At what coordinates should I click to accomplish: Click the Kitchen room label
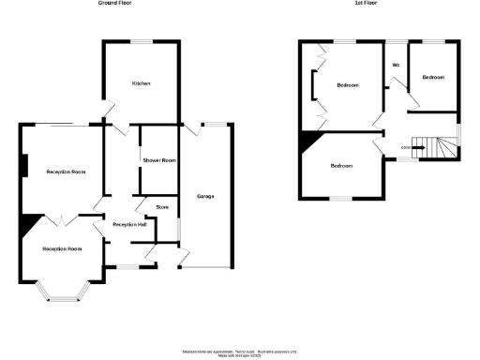pyautogui.click(x=142, y=84)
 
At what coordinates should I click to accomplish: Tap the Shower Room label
pyautogui.click(x=158, y=161)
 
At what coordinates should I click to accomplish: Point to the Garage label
pyautogui.click(x=205, y=196)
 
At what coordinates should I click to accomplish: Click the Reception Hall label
pyautogui.click(x=128, y=225)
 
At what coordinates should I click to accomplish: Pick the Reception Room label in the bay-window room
pyautogui.click(x=62, y=249)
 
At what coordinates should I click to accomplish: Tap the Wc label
pyautogui.click(x=396, y=65)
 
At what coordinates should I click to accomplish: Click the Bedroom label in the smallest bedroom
pyautogui.click(x=433, y=77)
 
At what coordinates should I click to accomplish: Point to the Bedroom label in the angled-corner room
pyautogui.click(x=341, y=166)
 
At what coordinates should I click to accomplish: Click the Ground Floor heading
pyautogui.click(x=114, y=4)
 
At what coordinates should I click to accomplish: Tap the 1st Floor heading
pyautogui.click(x=366, y=4)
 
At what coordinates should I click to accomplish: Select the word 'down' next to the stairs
pyautogui.click(x=405, y=147)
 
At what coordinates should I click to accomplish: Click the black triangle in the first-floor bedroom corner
pyautogui.click(x=307, y=141)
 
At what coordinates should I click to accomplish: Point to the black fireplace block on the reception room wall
pyautogui.click(x=23, y=164)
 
